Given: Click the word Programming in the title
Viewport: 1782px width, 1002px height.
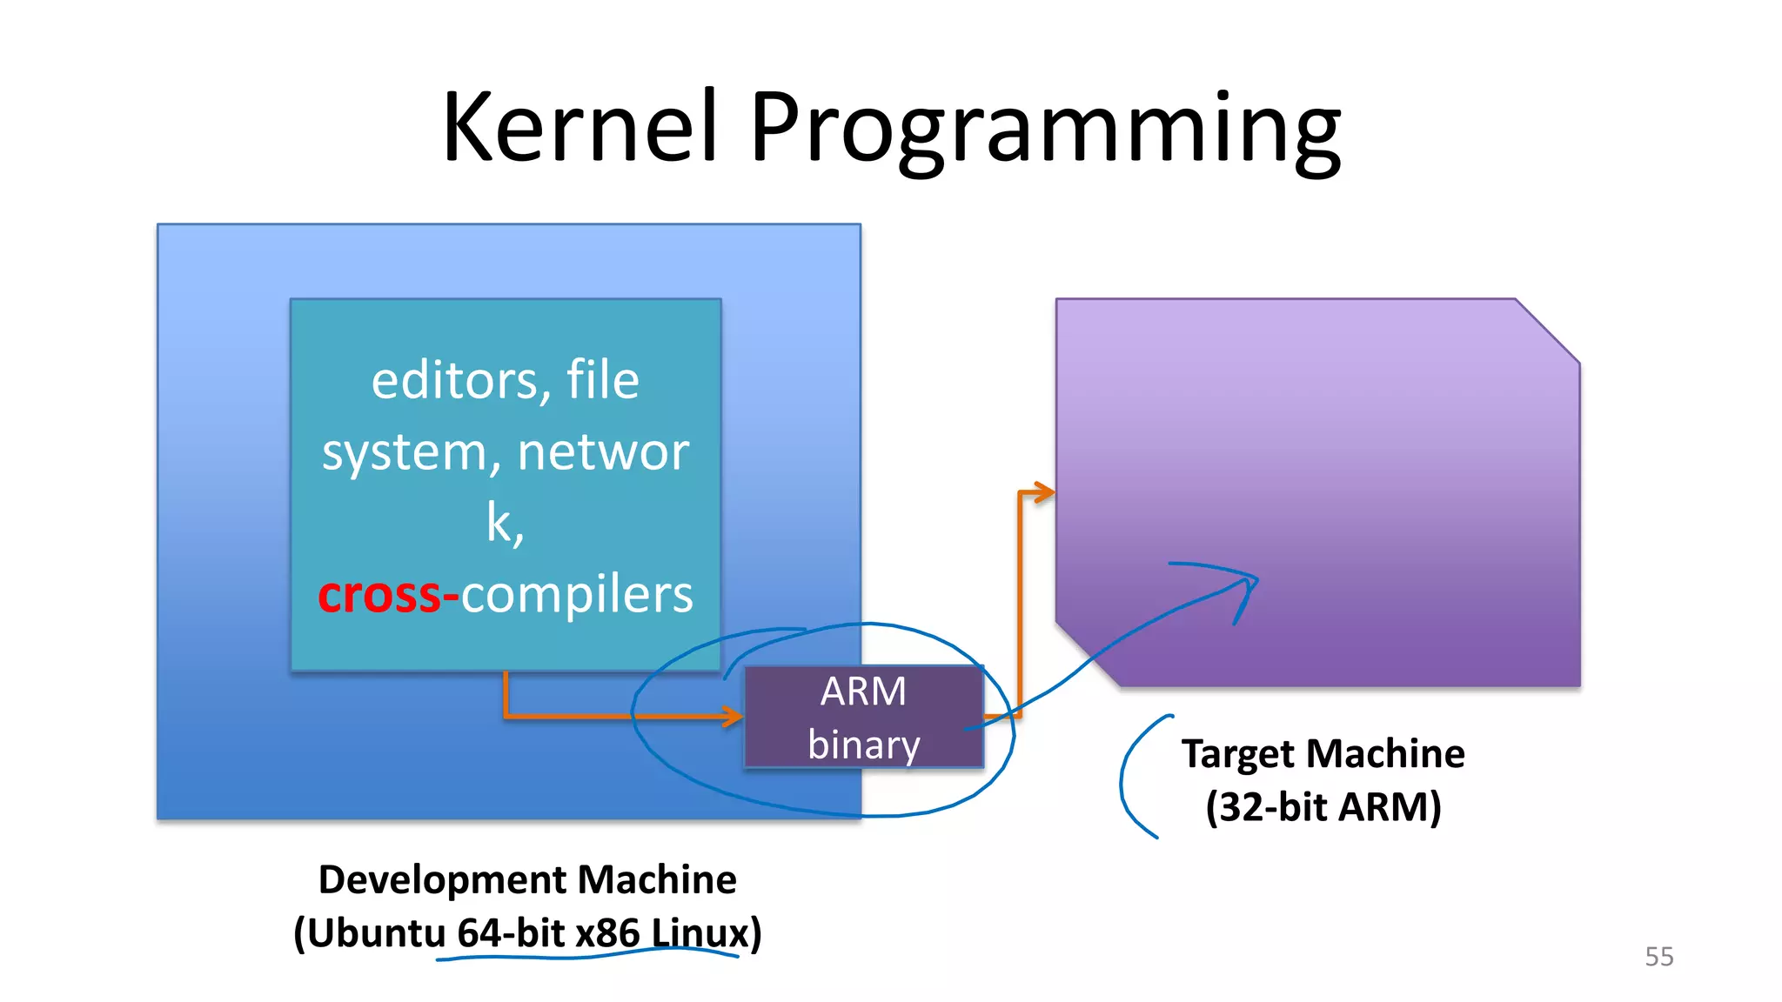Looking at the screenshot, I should coord(1044,130).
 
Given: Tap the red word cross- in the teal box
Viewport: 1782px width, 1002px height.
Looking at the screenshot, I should coord(387,596).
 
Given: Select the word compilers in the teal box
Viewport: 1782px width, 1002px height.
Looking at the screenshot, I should coord(577,596).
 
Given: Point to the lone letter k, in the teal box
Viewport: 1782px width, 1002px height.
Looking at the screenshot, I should coord(505,524).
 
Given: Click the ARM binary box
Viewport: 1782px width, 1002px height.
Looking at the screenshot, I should coord(864,717).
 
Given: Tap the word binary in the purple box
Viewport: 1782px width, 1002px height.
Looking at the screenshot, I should coord(863,745).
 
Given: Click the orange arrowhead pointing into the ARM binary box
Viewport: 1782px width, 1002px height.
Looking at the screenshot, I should coord(734,716).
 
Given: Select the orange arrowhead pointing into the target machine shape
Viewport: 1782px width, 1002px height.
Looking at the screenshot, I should coord(1044,493).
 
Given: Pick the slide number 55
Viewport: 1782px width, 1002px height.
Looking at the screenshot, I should coord(1658,957).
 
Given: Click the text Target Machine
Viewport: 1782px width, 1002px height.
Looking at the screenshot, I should coord(1323,753).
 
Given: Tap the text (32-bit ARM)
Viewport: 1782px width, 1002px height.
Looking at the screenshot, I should coord(1323,806).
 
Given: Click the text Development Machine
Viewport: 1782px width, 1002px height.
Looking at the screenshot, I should coord(527,879).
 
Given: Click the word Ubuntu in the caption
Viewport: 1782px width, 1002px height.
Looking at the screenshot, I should coord(376,933).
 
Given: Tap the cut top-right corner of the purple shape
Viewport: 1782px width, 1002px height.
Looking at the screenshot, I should coord(1547,331).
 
